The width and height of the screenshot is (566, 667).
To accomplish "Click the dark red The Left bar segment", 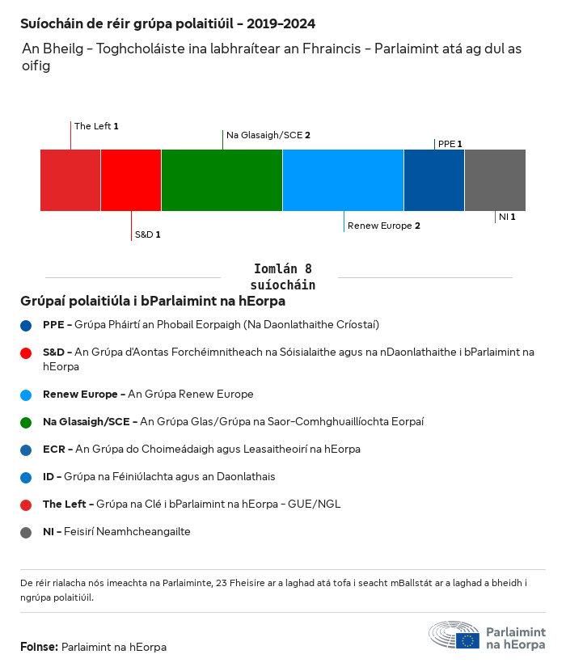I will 70,179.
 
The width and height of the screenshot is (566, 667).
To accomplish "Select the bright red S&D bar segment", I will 131,179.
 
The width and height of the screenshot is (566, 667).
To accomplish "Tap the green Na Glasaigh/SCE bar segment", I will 222,179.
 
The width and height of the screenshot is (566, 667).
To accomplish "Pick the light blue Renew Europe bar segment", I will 343,179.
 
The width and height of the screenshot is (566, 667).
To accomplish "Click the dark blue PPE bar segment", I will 433,179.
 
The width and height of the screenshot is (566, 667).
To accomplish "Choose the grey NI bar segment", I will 495,179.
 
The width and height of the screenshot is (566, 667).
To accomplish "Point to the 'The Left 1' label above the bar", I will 96,126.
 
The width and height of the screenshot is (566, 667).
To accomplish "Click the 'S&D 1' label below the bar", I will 147,234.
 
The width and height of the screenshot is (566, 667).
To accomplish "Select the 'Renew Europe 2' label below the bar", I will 383,226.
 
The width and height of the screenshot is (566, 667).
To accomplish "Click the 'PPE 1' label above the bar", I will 450,144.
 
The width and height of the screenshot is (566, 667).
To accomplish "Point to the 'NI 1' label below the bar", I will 507,217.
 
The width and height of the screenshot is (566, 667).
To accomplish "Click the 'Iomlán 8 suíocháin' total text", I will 283,277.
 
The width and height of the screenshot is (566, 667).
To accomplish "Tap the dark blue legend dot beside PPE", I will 27,325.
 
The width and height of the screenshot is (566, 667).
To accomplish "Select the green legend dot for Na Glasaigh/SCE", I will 27,422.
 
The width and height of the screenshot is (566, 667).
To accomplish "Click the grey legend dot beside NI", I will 27,533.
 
